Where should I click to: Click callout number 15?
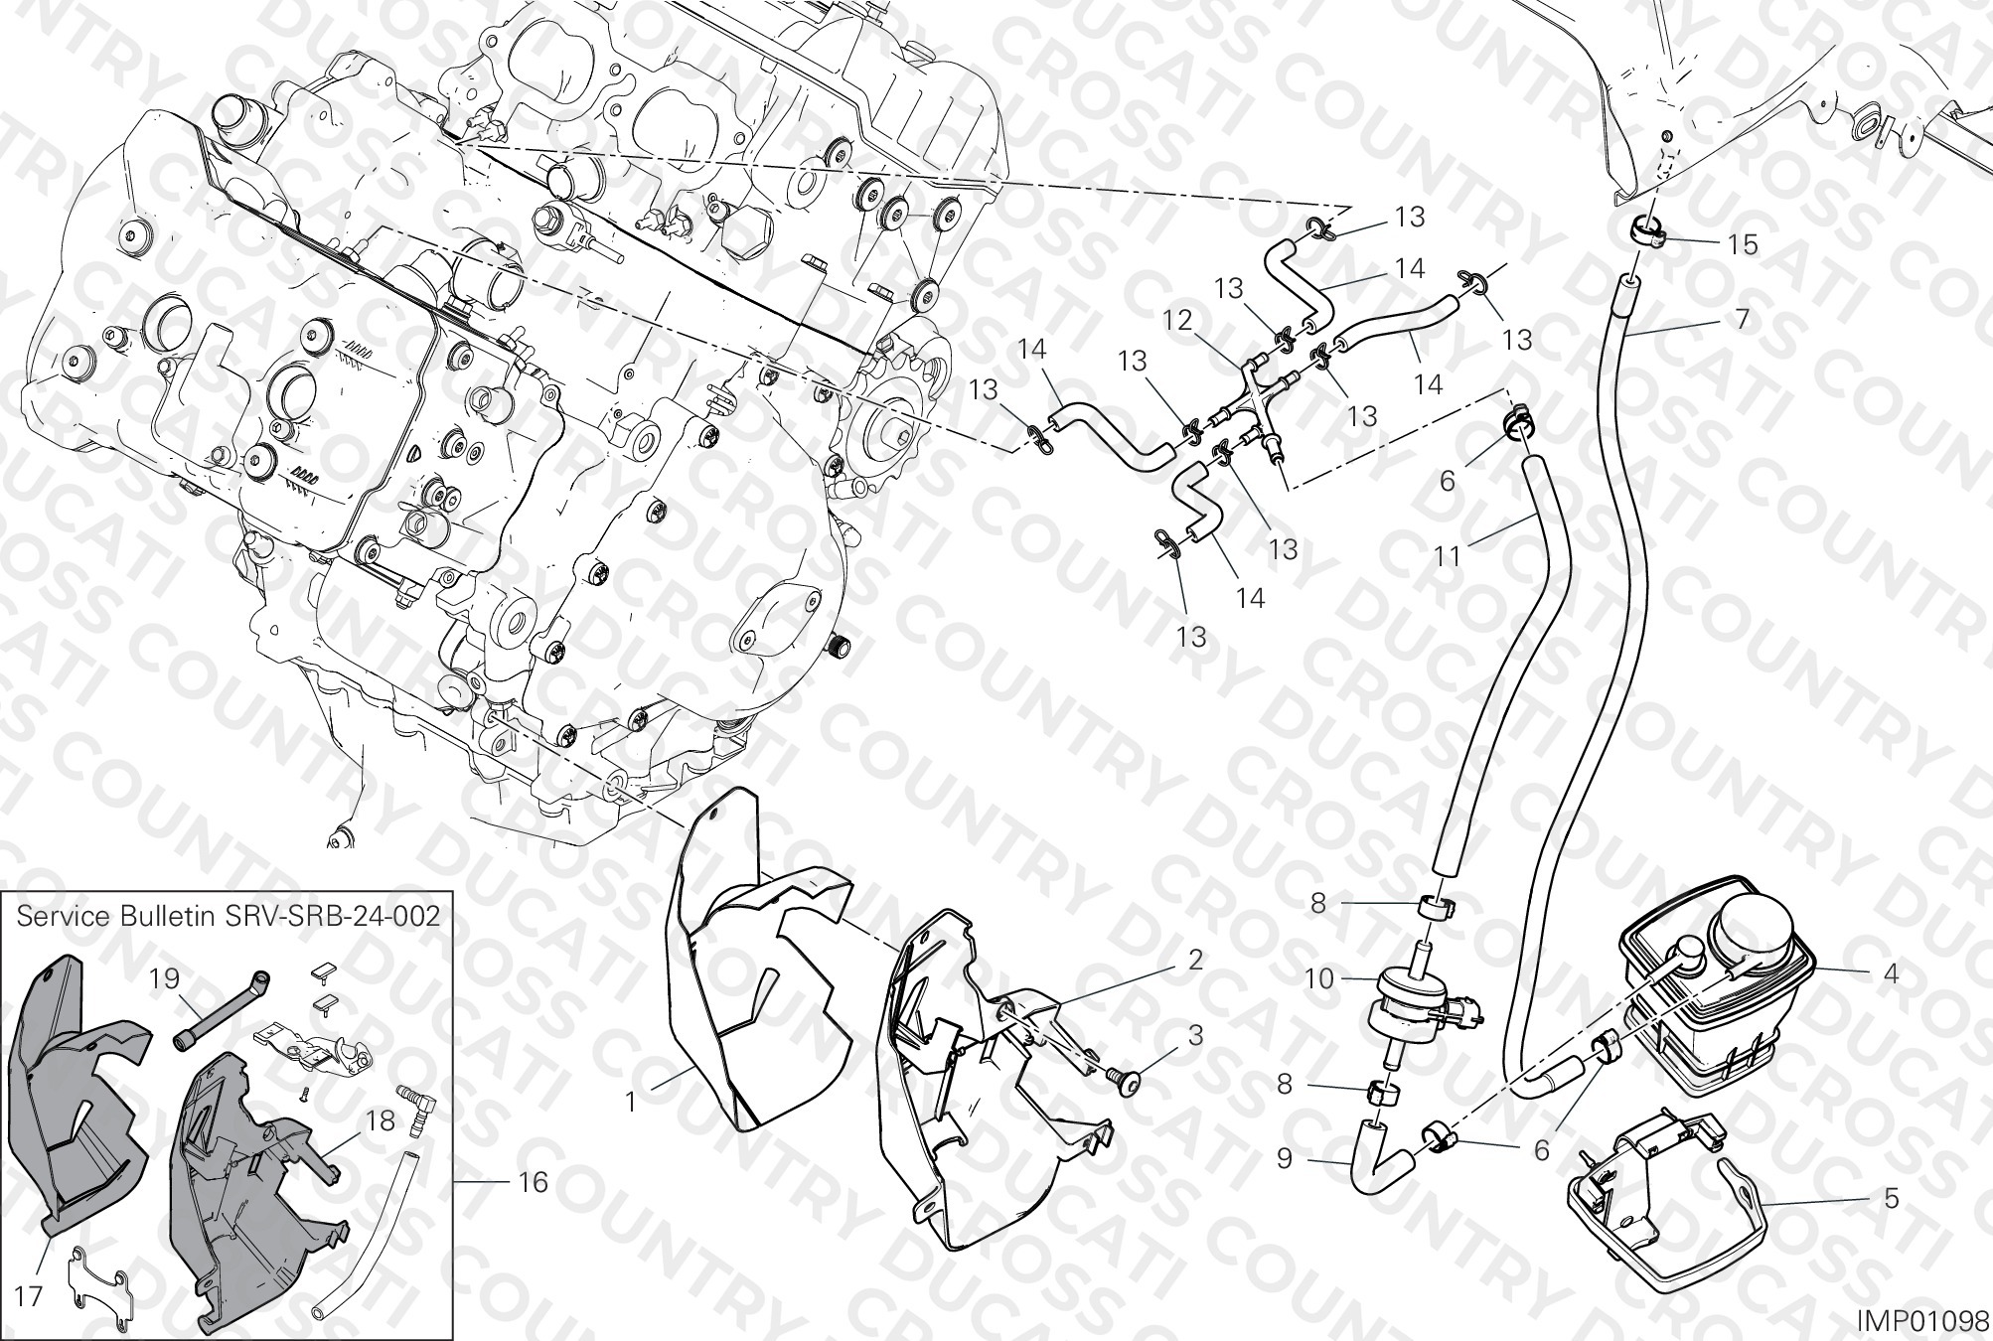[x=1743, y=244]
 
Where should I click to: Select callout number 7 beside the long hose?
[x=1742, y=320]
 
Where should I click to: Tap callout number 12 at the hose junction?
[x=1177, y=321]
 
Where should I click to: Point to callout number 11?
[x=1448, y=555]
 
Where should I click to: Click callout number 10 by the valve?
[x=1319, y=978]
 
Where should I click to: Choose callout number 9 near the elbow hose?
[x=1285, y=1159]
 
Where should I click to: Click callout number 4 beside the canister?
[x=1891, y=974]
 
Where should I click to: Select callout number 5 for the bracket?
[x=1891, y=1199]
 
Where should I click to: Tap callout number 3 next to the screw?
[x=1194, y=1035]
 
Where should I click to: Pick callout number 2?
[x=1194, y=960]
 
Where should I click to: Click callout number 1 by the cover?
[x=630, y=1102]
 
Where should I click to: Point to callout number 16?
[x=534, y=1182]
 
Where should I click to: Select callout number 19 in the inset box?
[x=165, y=979]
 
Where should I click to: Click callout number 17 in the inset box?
[x=30, y=1296]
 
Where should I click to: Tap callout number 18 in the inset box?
[x=381, y=1120]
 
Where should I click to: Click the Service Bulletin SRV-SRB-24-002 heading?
[x=229, y=916]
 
